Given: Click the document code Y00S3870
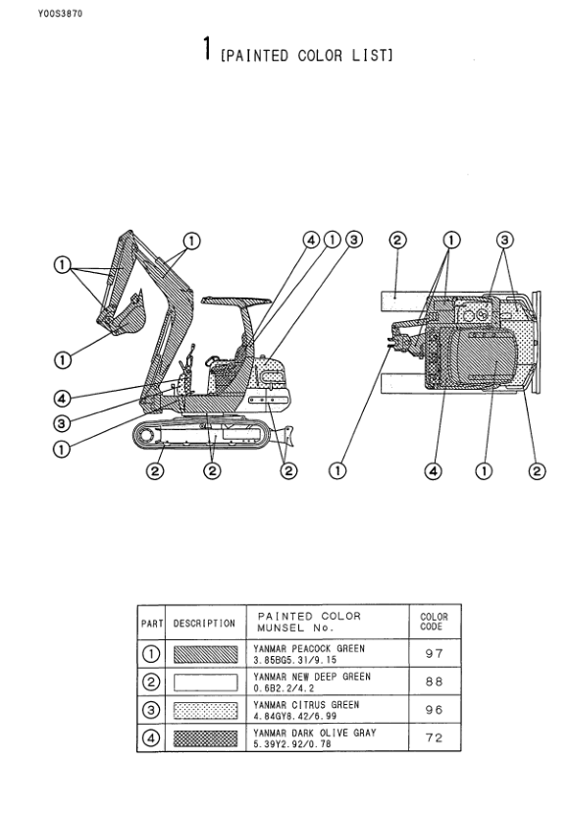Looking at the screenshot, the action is coord(60,14).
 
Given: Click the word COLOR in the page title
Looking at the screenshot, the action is coord(320,55).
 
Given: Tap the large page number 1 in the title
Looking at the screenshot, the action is coord(207,48).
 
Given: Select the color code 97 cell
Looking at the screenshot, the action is coord(434,653).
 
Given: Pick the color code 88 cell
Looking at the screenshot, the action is coord(434,682).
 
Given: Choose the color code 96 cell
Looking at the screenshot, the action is coord(434,709).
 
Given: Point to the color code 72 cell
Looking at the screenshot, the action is coord(434,737).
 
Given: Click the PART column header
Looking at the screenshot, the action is coord(152,624).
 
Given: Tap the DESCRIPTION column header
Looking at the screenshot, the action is coord(204,624).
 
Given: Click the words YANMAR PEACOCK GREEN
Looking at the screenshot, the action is coord(309,648).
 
